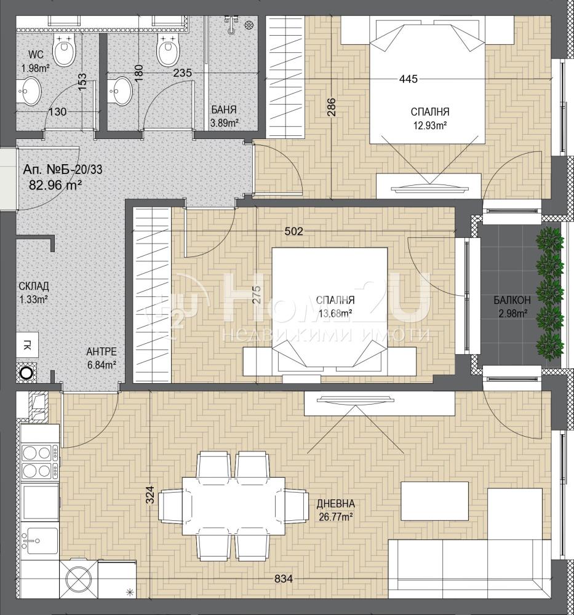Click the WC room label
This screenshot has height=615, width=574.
pos(36,54)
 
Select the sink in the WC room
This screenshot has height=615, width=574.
pos(29,92)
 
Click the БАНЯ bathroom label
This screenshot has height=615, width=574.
pos(224,109)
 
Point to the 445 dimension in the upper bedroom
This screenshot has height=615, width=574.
pos(408,79)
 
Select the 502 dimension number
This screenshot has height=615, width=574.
pos(294,231)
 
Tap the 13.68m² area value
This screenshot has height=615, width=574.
pos(335,313)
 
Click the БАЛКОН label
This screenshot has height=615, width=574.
pos(512,300)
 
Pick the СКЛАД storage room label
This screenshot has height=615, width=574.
pos(34,286)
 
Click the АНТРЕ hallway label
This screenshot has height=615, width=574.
pos(102,351)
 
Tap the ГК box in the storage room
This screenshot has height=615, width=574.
pos(28,345)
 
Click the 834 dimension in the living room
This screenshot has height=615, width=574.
pos(283,579)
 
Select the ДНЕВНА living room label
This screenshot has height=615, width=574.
pos(335,504)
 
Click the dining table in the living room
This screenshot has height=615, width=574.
pos(233,506)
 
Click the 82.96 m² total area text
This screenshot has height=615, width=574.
pos(55,184)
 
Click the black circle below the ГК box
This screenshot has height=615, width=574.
pos(26,373)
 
